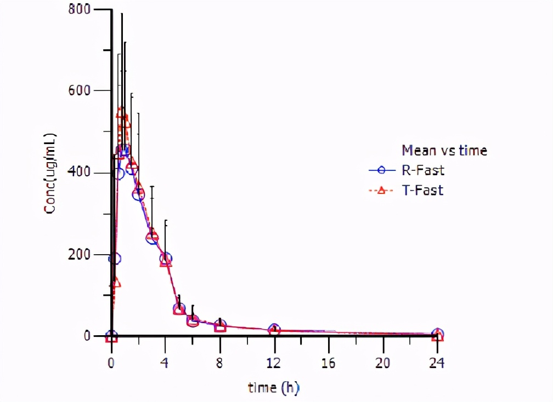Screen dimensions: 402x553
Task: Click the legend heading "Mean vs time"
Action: [444, 150]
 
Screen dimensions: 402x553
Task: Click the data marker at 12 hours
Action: [274, 330]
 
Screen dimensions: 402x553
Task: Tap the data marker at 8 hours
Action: [220, 326]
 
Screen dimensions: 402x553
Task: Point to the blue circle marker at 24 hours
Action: [438, 334]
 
